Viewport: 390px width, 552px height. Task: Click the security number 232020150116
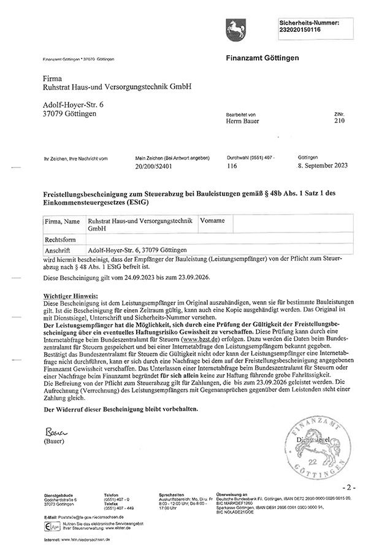(300, 29)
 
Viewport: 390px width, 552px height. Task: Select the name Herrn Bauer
(242, 121)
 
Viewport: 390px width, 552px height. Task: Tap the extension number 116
(232, 166)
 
